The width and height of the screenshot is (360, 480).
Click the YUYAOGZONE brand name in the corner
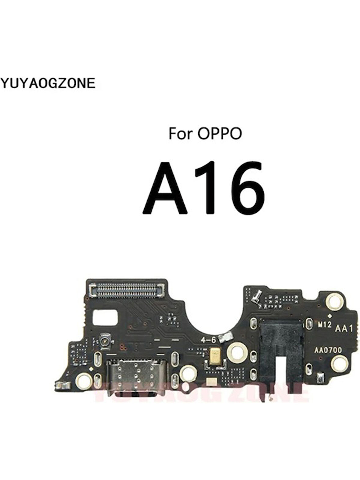48,83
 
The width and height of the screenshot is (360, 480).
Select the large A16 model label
203,189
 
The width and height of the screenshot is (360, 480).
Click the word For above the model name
181,134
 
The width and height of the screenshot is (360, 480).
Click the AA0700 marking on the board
328,350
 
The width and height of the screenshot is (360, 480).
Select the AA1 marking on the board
344,329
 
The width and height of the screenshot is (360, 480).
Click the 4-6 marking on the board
208,340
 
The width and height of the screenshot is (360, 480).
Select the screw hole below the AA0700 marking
339,364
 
